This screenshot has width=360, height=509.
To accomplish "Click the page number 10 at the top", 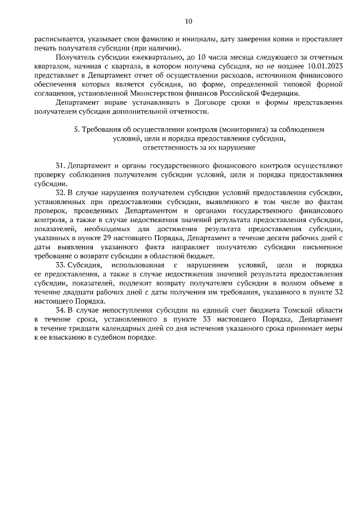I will [x=188, y=21].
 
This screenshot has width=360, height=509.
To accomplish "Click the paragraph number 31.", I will [x=60, y=166].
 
